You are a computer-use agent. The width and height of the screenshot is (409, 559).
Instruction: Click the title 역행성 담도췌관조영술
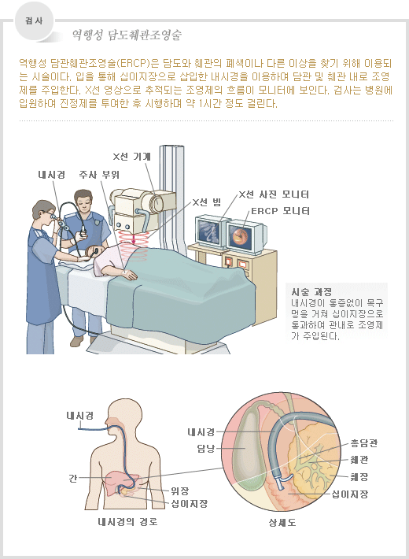click(x=127, y=35)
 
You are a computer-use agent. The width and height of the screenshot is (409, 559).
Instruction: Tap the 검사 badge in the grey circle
click(x=34, y=21)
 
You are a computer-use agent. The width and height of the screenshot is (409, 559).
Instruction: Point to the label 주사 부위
click(x=99, y=175)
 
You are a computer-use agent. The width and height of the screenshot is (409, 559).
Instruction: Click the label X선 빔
click(x=207, y=202)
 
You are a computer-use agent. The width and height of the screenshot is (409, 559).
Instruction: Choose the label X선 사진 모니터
click(x=274, y=194)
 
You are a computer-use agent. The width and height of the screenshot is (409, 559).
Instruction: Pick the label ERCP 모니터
click(x=280, y=211)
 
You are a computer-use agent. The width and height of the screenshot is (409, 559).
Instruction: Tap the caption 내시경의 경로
click(x=127, y=522)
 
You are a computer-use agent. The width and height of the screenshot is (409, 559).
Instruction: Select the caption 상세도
click(x=282, y=523)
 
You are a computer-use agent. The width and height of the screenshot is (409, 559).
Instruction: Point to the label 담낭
click(x=206, y=448)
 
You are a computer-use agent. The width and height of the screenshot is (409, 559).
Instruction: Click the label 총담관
click(x=363, y=443)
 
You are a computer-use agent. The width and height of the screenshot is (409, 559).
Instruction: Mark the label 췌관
click(x=359, y=460)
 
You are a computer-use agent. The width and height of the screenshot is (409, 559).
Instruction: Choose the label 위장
click(x=179, y=492)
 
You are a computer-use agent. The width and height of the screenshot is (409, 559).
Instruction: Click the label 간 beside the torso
click(x=72, y=478)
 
